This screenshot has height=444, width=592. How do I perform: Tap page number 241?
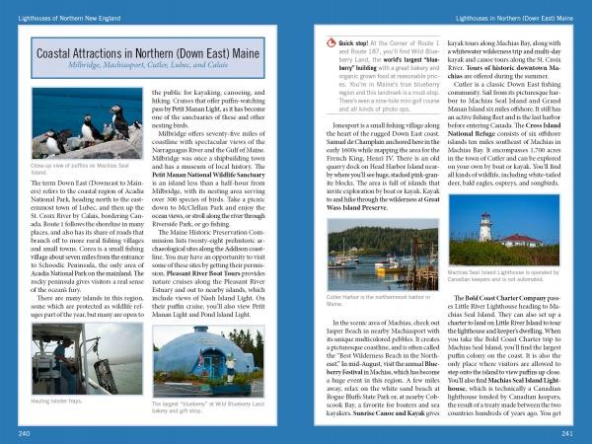[x=566, y=433]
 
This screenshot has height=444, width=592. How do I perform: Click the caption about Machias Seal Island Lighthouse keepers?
[x=503, y=276]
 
